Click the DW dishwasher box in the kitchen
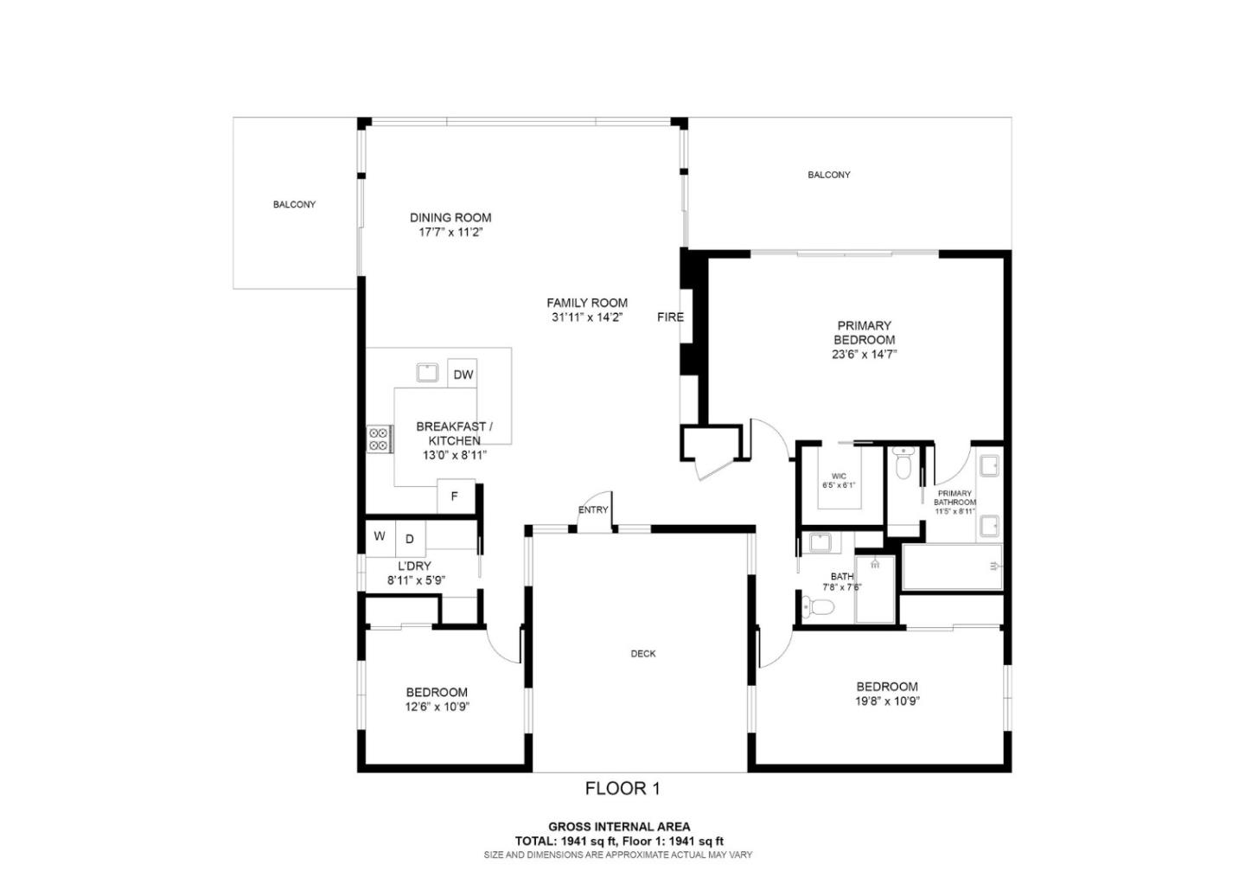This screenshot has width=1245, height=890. coord(463,375)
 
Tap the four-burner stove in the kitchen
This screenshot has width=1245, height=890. coord(378,439)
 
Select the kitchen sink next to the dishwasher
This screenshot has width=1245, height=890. coord(427,373)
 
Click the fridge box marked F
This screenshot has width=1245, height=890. coord(455,497)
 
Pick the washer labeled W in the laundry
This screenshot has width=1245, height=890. coord(380,536)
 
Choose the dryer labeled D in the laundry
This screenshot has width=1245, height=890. coord(410,539)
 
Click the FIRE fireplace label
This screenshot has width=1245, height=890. coord(670,317)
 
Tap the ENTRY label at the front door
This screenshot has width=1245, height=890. coord(593,509)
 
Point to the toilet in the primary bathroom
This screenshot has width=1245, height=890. coord(903,464)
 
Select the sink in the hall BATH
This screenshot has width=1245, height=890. coord(819,543)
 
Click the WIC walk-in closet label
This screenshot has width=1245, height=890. coord(839,476)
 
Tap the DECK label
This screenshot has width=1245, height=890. coord(643,654)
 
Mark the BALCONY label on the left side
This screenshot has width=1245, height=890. coord(294,205)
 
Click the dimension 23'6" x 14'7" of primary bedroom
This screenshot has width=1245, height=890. coord(864,354)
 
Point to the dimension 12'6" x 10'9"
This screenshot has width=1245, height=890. coord(437,707)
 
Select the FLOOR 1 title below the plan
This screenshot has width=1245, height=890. coord(622,788)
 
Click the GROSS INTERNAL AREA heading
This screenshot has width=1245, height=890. coord(619,827)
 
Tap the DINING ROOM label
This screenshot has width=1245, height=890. coord(450,218)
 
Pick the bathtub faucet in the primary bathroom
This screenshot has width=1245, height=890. coord(993,567)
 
